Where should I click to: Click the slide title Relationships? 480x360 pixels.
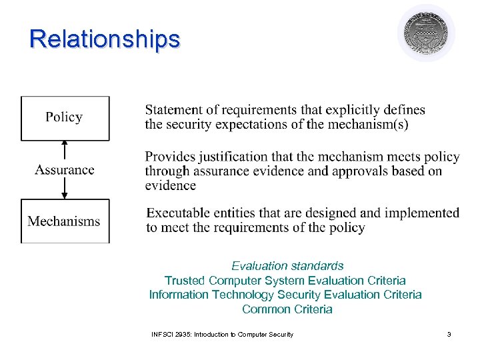[105, 39]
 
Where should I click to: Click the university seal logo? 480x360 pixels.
[426, 33]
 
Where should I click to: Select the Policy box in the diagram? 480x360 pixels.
[65, 118]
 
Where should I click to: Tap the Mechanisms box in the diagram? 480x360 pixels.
[65, 221]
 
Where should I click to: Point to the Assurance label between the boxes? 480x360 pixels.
[65, 169]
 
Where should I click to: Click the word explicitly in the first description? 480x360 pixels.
[333, 110]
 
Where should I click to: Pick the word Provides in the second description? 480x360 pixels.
[171, 157]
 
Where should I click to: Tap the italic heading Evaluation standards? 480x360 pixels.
[287, 266]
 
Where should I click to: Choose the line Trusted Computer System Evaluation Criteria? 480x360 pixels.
[285, 281]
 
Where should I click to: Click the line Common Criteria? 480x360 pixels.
[287, 309]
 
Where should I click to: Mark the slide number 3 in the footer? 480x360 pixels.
[449, 334]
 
